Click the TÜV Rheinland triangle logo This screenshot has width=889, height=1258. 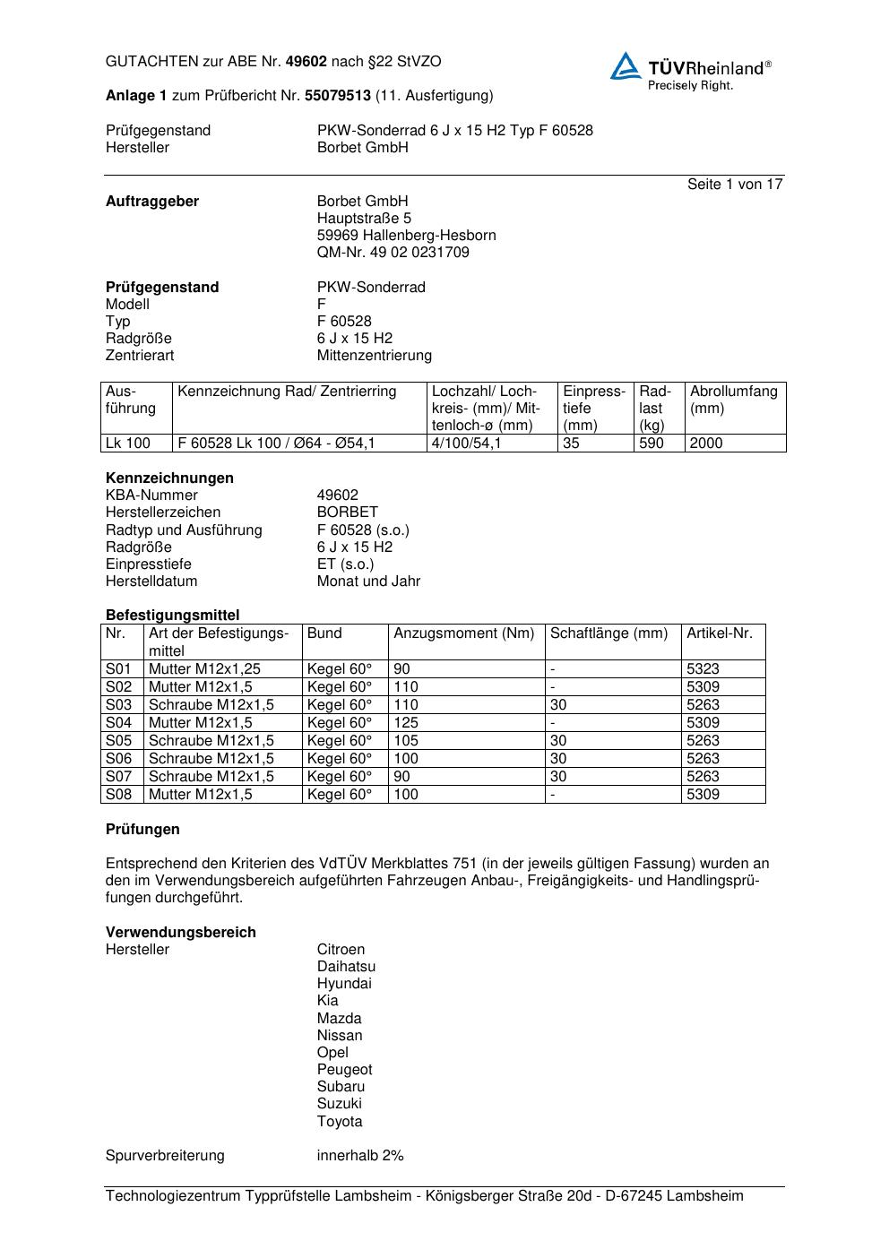pyautogui.click(x=626, y=67)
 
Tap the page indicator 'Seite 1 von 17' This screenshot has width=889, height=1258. pyautogui.click(x=735, y=184)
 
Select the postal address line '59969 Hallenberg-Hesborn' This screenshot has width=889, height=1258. pyautogui.click(x=406, y=235)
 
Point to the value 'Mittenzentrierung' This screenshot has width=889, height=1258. pyautogui.click(x=374, y=355)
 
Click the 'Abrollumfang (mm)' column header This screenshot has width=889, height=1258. pyautogui.click(x=734, y=400)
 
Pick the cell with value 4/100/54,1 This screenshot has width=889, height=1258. pyautogui.click(x=466, y=443)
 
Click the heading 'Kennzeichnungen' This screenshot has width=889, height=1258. pyautogui.click(x=169, y=478)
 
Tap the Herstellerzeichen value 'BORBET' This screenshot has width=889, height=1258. pyautogui.click(x=347, y=512)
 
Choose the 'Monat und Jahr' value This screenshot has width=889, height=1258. pyautogui.click(x=368, y=581)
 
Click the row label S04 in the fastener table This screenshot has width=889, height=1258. pyautogui.click(x=119, y=722)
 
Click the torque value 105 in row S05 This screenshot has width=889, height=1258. pyautogui.click(x=406, y=740)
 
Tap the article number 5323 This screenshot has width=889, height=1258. pyautogui.click(x=703, y=668)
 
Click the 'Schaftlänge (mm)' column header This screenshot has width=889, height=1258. pyautogui.click(x=608, y=633)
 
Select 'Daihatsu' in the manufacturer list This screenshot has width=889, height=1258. pyautogui.click(x=346, y=966)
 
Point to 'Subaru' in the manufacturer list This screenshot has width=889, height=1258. pyautogui.click(x=341, y=1086)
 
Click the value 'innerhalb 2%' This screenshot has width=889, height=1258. pyautogui.click(x=360, y=1155)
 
